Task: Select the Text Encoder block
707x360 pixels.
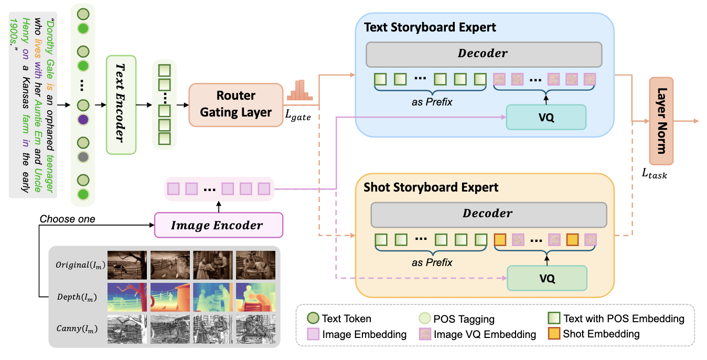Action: tap(121, 104)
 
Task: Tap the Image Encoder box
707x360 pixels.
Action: tap(218, 225)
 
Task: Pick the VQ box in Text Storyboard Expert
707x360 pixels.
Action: tap(545, 117)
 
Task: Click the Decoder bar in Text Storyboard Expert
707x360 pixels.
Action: tap(483, 54)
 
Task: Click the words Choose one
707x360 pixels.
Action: tap(67, 219)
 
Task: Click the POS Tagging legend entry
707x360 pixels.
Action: tap(456, 319)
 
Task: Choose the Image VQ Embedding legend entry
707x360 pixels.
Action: tap(477, 334)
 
